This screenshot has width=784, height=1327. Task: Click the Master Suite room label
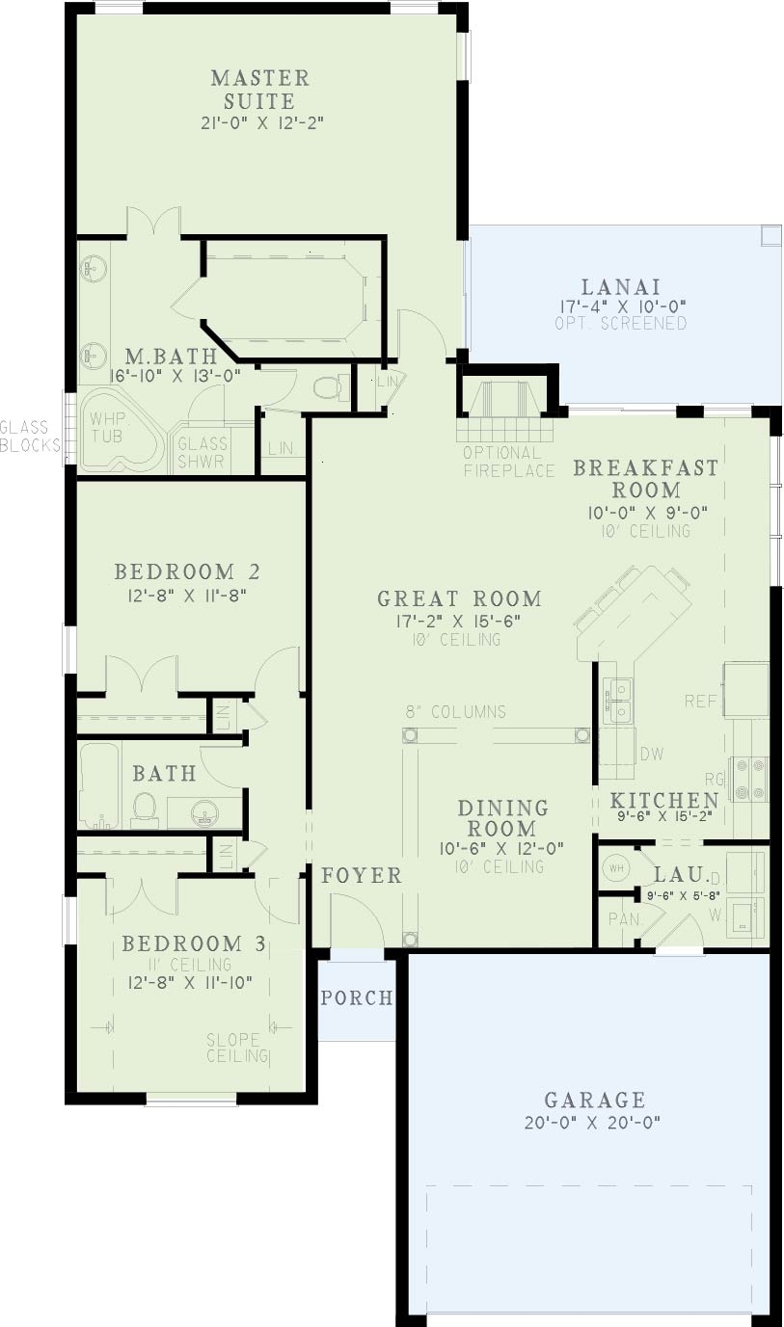260,89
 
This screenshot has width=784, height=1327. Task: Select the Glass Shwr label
202,452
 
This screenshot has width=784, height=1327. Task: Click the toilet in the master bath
328,387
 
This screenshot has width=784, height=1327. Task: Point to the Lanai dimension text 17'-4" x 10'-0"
620,306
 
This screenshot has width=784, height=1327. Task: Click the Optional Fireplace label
508,462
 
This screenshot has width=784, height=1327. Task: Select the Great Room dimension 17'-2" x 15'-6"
459,621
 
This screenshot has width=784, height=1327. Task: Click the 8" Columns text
455,712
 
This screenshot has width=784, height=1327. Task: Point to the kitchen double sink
617,700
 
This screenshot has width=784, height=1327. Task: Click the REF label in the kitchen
701,701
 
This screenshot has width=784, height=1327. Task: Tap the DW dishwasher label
651,754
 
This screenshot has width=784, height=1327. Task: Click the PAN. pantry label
625,918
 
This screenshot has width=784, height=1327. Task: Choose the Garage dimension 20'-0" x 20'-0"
594,1122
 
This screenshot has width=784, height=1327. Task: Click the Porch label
357,997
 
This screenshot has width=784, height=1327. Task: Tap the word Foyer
361,875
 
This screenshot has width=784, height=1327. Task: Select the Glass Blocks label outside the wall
30,436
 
